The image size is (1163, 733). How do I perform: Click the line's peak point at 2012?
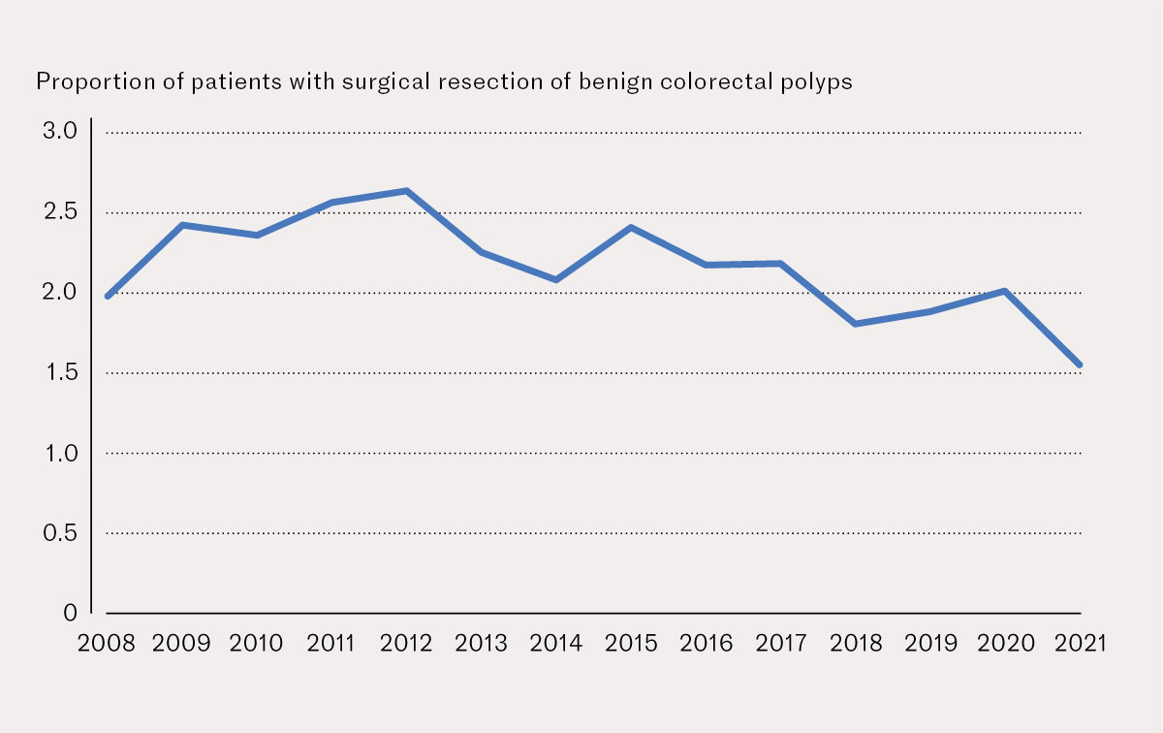coord(407,191)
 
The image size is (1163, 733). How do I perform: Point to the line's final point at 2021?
coord(1079,366)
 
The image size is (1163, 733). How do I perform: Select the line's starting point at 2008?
coord(108,296)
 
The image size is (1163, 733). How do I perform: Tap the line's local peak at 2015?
coord(632,228)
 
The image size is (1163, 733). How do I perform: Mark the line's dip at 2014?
coord(556,279)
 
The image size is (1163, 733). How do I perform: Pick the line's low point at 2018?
coord(855,323)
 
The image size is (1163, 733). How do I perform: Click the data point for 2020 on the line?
coord(1005,291)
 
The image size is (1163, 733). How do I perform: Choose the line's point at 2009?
coord(182,225)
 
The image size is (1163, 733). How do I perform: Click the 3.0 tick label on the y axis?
coord(58,132)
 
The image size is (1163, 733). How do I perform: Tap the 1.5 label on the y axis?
coord(58,372)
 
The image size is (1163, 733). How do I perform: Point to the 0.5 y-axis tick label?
coord(58,532)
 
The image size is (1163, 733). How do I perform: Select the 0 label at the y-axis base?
coord(71,613)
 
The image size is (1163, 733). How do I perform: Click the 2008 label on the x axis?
coord(108,643)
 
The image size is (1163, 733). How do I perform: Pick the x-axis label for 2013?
coord(482,643)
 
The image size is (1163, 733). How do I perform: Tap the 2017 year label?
coord(781,643)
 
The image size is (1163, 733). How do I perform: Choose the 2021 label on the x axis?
coord(1079,643)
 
